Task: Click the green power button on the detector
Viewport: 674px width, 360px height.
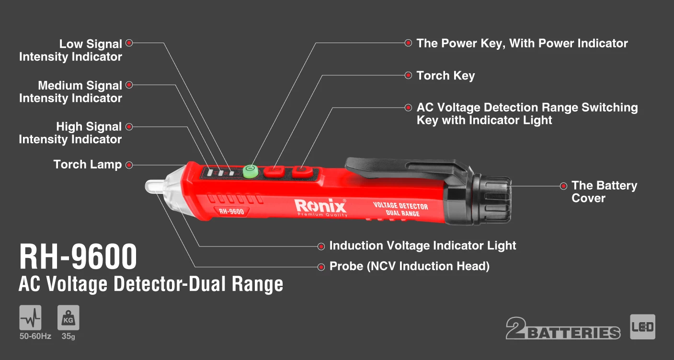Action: [x=251, y=171]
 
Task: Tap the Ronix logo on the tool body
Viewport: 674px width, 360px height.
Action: [x=321, y=207]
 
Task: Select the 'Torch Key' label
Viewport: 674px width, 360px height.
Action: [x=446, y=76]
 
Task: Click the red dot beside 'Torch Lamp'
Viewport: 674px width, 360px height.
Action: [x=129, y=165]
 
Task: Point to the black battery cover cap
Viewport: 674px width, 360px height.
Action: [x=491, y=200]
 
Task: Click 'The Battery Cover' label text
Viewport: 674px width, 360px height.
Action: [x=604, y=191]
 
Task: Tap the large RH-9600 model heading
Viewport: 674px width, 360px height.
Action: [x=78, y=257]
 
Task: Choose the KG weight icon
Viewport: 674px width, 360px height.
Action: [x=69, y=317]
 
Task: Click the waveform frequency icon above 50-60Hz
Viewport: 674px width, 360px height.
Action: [x=30, y=317]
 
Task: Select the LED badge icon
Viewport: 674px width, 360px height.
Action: [x=642, y=327]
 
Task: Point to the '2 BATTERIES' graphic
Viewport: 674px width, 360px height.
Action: [x=563, y=328]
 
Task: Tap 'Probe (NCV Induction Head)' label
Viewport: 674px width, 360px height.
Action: [x=410, y=266]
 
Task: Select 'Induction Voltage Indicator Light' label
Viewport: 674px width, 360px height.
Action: [x=423, y=246]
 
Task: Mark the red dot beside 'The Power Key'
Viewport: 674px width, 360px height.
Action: [x=408, y=43]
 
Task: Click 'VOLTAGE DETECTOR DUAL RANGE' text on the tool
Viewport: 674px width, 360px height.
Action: [x=400, y=209]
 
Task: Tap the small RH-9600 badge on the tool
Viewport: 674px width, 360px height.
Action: [x=231, y=212]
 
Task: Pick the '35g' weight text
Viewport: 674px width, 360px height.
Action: [x=69, y=336]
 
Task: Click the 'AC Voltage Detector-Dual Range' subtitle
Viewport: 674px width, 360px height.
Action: [x=151, y=284]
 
